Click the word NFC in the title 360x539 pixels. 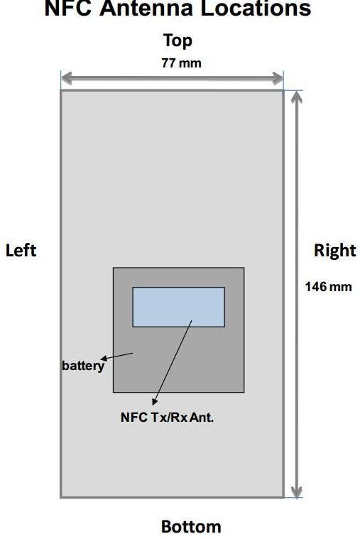point(67,8)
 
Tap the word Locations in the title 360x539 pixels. point(256,8)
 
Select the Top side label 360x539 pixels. point(178,40)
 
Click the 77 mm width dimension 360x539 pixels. point(182,63)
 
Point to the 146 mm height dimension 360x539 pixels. point(328,287)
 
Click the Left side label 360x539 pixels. point(21,250)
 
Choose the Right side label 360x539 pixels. point(335,251)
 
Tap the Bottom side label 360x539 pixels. point(191,527)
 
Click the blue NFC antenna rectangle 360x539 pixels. point(179,307)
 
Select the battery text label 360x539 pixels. point(83,366)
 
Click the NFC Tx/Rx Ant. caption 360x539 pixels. point(167,418)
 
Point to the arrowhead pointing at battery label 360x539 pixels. point(104,359)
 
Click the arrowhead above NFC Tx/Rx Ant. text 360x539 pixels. point(155,401)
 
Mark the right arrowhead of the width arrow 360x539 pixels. point(278,78)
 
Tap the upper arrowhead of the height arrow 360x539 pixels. point(297,97)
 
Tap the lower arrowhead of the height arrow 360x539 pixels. point(297,491)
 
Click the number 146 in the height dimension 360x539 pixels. point(316,287)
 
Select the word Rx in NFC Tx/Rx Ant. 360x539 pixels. point(179,418)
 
